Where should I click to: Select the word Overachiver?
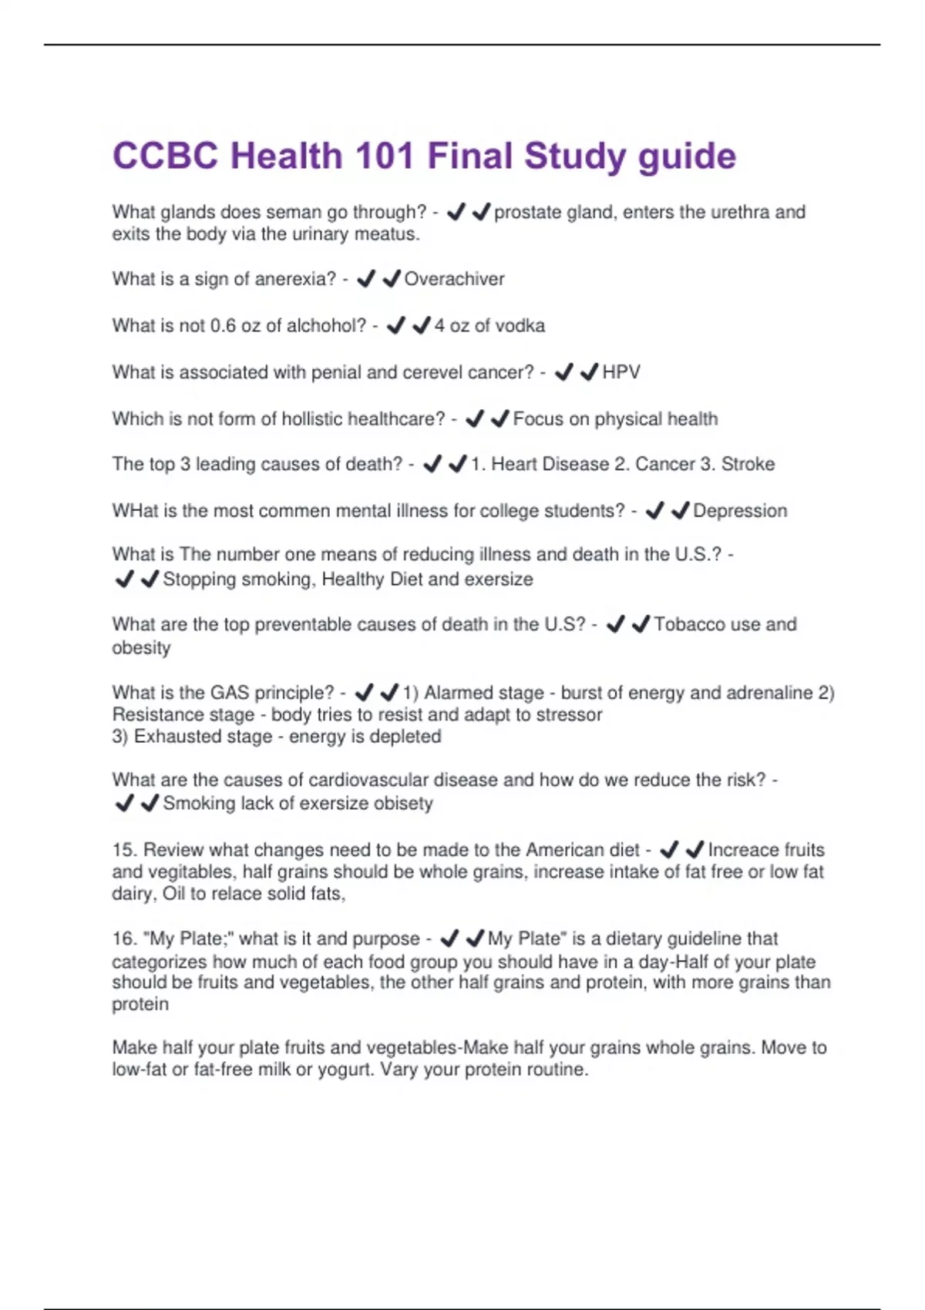click(x=454, y=279)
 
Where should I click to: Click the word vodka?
click(x=520, y=326)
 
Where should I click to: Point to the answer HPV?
click(x=621, y=372)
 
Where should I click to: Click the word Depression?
click(x=740, y=511)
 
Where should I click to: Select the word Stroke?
click(x=748, y=464)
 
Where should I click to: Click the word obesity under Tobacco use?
click(x=141, y=647)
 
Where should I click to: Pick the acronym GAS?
click(x=230, y=693)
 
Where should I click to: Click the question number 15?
click(x=123, y=850)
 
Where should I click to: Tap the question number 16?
click(x=123, y=939)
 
